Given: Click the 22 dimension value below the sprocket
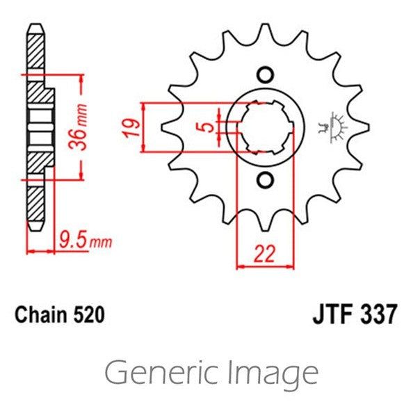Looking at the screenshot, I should pyautogui.click(x=264, y=255).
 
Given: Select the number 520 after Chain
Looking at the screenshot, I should pyautogui.click(x=90, y=315).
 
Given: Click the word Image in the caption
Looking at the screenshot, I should pyautogui.click(x=273, y=373).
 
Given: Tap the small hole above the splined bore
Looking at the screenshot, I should pyautogui.click(x=264, y=74).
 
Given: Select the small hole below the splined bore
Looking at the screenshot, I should pyautogui.click(x=264, y=181).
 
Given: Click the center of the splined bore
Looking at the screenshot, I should pyautogui.click(x=264, y=127).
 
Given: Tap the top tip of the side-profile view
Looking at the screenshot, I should pyautogui.click(x=35, y=26).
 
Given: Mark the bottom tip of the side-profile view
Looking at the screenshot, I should pyautogui.click(x=35, y=228).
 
